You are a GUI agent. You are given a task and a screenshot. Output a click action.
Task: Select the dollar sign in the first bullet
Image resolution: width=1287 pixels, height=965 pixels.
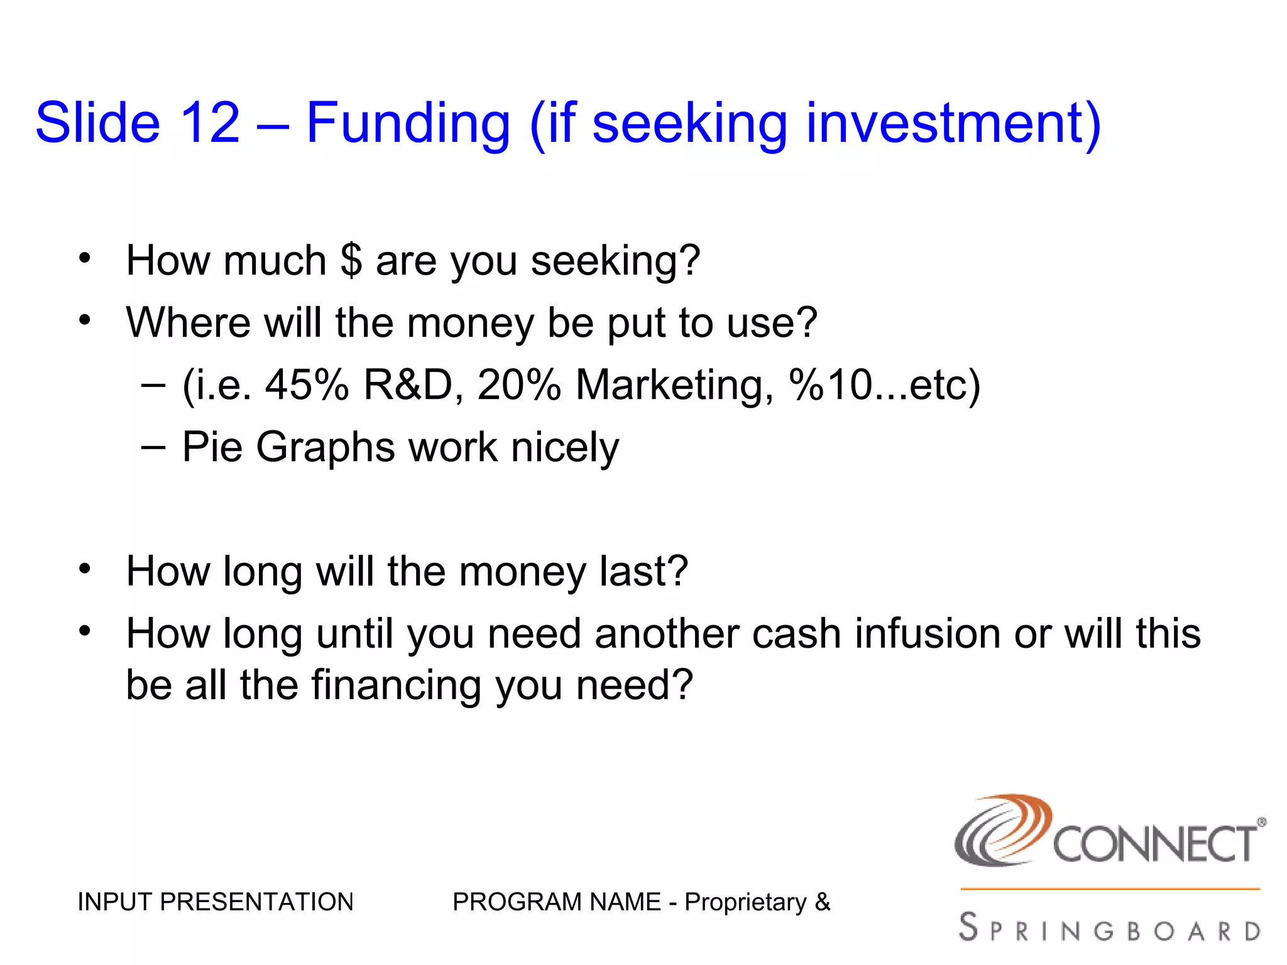(351, 260)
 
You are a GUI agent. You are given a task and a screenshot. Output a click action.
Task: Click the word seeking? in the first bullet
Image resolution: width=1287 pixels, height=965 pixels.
(615, 261)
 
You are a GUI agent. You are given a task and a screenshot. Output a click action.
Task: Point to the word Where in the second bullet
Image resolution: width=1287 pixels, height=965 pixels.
(187, 322)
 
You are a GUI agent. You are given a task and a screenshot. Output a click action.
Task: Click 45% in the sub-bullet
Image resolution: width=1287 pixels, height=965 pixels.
(307, 384)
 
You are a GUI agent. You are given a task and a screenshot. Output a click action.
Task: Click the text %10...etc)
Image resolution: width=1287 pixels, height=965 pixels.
(885, 384)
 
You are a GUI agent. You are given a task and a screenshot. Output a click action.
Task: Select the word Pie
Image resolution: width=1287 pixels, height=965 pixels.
(212, 447)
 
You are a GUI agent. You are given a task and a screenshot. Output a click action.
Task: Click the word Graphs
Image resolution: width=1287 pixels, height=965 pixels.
(325, 448)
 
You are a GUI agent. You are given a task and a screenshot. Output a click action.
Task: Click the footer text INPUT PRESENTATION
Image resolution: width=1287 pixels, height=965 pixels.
(216, 902)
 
